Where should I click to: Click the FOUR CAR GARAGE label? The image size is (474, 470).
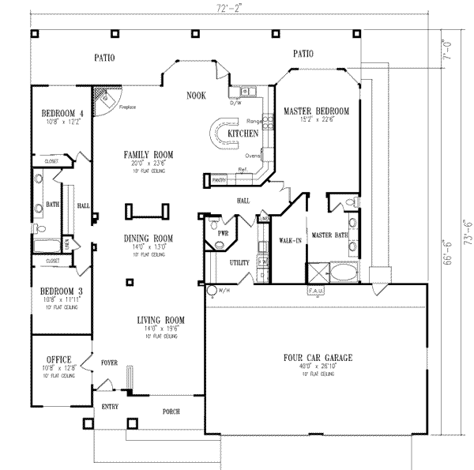point(318,358)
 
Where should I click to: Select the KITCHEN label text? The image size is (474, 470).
point(243,135)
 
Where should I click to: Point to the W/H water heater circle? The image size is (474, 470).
point(212,291)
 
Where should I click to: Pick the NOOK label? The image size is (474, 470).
point(196,95)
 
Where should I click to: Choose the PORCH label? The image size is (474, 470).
point(171,412)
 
